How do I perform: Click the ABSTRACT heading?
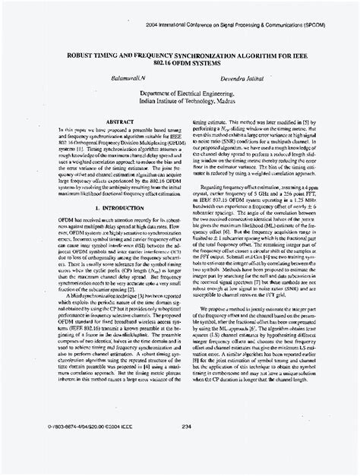click(x=101, y=122)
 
